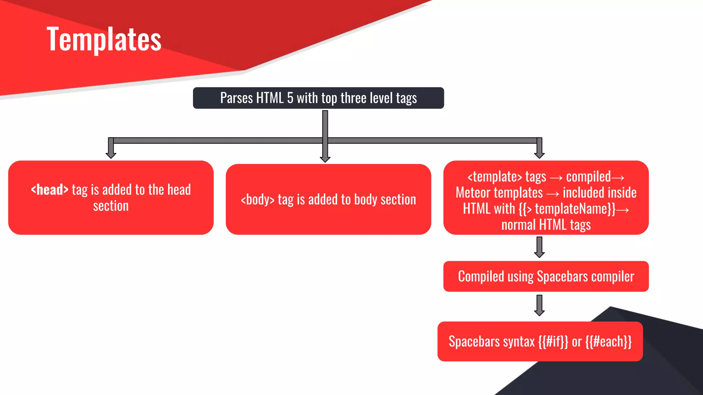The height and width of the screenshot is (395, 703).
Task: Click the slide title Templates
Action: pyautogui.click(x=104, y=39)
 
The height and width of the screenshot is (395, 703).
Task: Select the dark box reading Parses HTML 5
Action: pyautogui.click(x=318, y=98)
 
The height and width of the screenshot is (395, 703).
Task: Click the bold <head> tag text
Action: pyautogui.click(x=49, y=190)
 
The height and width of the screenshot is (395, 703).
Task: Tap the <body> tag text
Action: pyautogui.click(x=257, y=200)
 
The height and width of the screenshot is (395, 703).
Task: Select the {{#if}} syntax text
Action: pyautogui.click(x=553, y=342)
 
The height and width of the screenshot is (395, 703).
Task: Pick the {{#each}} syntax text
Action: pyautogui.click(x=608, y=342)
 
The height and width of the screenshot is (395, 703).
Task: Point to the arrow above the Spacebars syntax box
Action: pyautogui.click(x=539, y=306)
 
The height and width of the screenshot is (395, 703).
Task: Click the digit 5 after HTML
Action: pyautogui.click(x=290, y=98)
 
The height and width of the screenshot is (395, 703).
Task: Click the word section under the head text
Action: pyautogui.click(x=111, y=206)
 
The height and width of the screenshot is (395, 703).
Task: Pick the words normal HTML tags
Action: pyautogui.click(x=546, y=225)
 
